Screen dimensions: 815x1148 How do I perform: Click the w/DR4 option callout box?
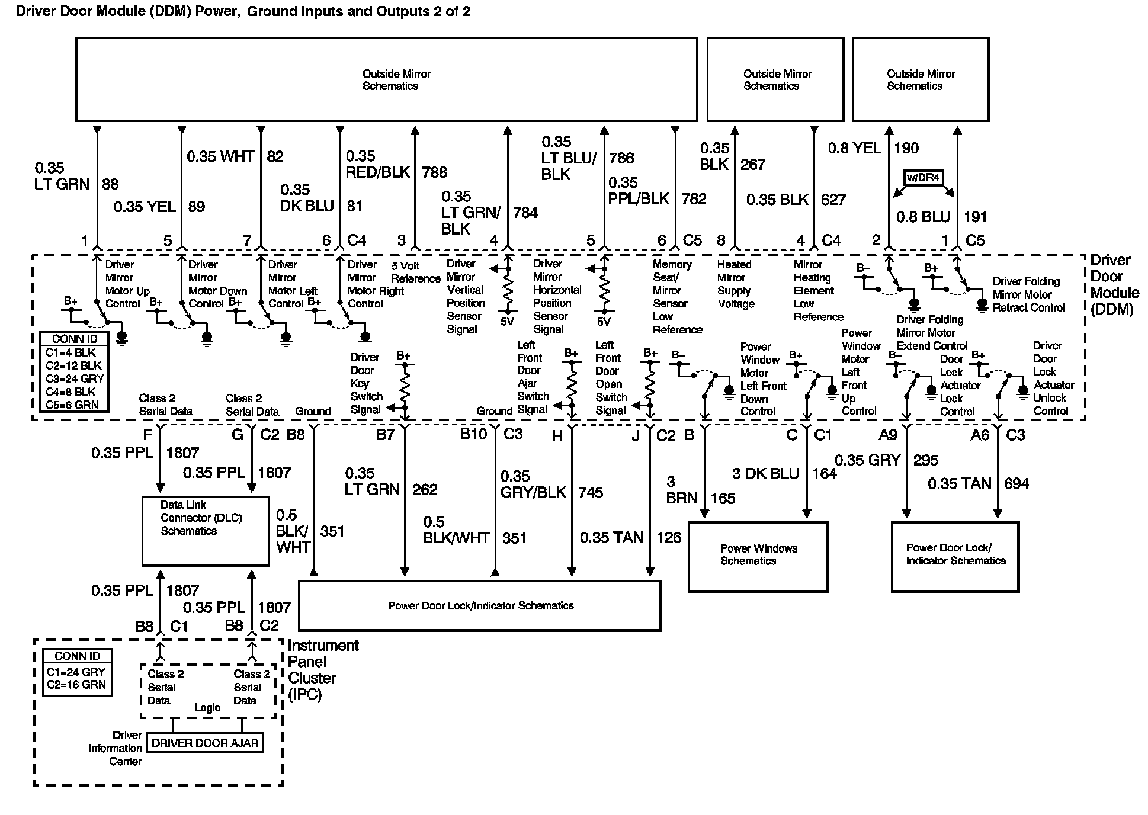[x=923, y=178]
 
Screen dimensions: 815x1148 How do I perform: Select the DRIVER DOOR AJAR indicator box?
[x=205, y=743]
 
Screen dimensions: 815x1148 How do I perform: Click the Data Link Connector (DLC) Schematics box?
[x=206, y=531]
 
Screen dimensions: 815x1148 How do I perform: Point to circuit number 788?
[x=434, y=172]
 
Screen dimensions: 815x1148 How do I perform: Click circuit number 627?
[x=833, y=200]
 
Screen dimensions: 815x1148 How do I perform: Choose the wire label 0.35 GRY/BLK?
[x=533, y=484]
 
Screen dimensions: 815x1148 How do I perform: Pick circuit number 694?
[x=1016, y=483]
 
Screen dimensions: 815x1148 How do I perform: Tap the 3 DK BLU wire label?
[x=765, y=474]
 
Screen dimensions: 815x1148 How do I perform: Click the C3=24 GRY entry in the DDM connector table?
[x=75, y=378]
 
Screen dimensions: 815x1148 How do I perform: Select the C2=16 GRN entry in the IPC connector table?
[x=76, y=685]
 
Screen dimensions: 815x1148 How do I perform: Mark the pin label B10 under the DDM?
[x=473, y=434]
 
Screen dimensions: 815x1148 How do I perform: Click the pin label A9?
[x=887, y=435]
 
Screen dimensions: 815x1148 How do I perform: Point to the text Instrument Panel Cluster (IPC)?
[x=323, y=670]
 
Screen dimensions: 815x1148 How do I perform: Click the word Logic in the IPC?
[x=207, y=707]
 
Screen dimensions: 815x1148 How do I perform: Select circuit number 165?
[x=723, y=498]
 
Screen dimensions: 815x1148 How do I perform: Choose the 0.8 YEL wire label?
[x=854, y=148]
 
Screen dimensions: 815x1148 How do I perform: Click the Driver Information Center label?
[x=116, y=748]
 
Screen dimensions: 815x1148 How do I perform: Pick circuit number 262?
[x=425, y=489]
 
